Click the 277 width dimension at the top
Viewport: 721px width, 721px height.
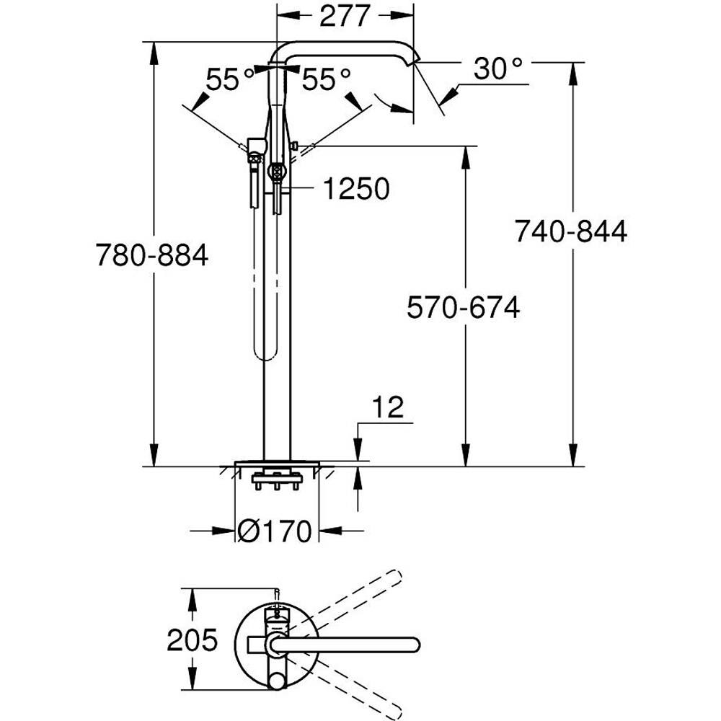(x=345, y=16)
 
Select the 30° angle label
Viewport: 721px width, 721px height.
(x=497, y=71)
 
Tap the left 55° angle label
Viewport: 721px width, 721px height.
(x=230, y=79)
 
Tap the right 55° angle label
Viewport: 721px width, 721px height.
(x=326, y=79)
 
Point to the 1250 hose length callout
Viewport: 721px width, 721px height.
(x=355, y=189)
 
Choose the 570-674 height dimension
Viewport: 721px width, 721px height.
(x=463, y=308)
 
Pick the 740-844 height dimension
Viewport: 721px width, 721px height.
(x=570, y=232)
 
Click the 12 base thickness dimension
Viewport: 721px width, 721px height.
(x=389, y=409)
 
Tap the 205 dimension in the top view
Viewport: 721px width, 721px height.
(x=193, y=640)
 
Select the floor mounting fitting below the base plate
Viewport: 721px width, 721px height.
(x=275, y=478)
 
